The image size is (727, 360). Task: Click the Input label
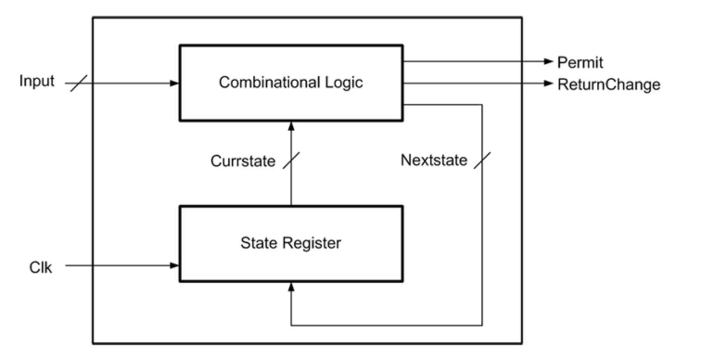(x=37, y=81)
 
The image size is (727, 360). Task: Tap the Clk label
(x=41, y=268)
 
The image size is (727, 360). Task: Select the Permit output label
(x=580, y=63)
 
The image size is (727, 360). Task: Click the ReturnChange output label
(x=608, y=85)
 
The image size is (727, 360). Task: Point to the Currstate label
(x=242, y=161)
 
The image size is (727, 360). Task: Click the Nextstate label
(x=434, y=161)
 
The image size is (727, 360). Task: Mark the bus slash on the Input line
(x=78, y=84)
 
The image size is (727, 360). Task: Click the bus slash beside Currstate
(x=291, y=161)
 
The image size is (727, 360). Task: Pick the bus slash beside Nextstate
(x=482, y=161)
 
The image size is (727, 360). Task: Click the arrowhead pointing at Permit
(x=549, y=61)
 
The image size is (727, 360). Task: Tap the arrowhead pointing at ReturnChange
(x=549, y=84)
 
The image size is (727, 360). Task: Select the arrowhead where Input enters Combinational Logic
(x=175, y=84)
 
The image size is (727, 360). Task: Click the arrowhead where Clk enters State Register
(x=175, y=266)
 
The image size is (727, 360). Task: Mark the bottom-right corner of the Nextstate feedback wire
(x=482, y=325)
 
